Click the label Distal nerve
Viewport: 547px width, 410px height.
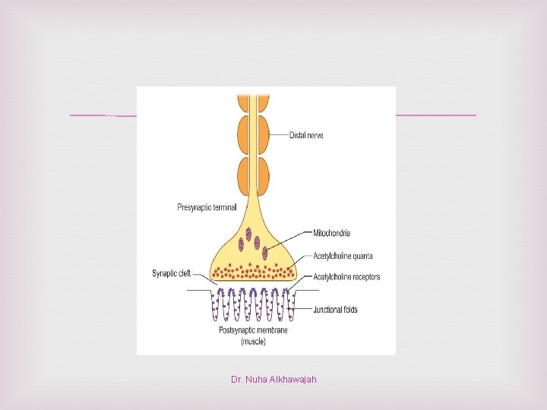(306, 136)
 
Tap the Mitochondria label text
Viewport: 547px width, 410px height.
(332, 233)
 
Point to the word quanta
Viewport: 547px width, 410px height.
(359, 255)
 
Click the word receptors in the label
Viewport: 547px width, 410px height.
(363, 277)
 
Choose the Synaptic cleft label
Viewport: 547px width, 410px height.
(171, 274)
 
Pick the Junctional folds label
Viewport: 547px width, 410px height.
(335, 310)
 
